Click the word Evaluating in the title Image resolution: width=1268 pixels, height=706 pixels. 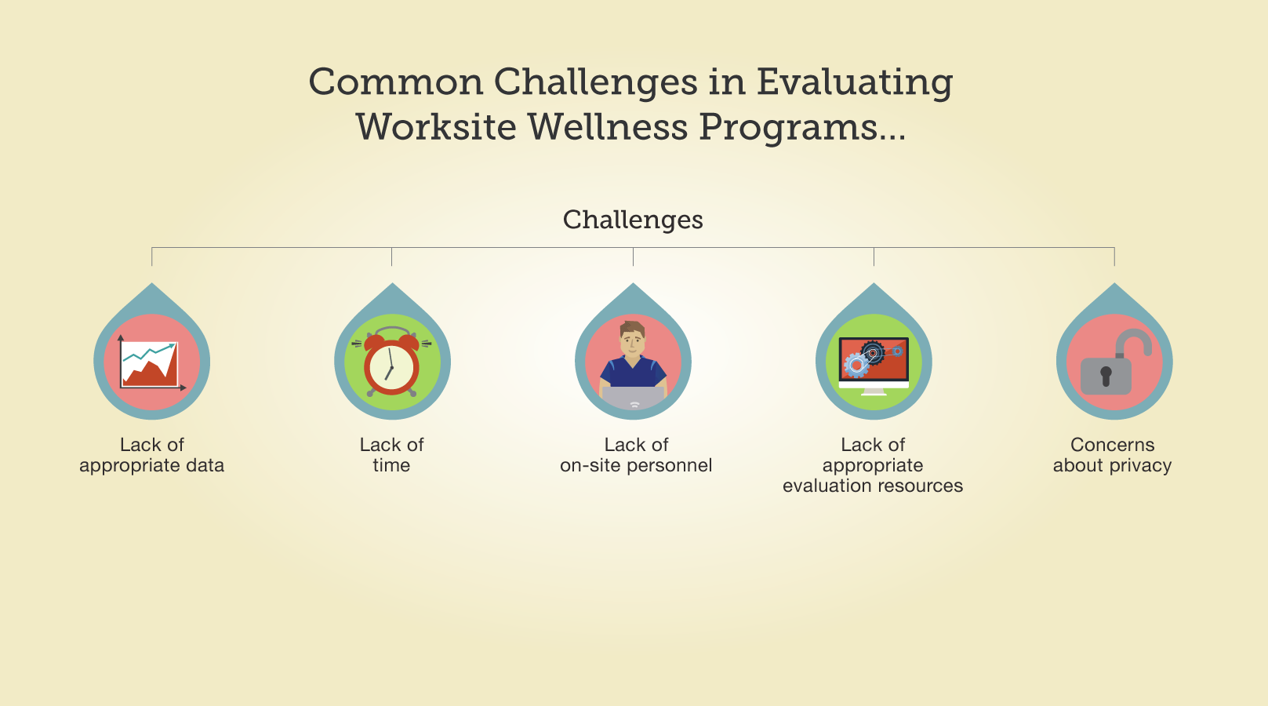click(855, 83)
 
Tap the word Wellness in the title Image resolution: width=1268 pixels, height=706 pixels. click(608, 127)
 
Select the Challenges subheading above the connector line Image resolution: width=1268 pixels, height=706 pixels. click(633, 220)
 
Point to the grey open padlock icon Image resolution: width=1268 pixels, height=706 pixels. click(1114, 363)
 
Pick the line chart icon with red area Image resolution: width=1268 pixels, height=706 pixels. click(151, 363)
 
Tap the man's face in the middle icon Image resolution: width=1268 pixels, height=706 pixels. click(632, 339)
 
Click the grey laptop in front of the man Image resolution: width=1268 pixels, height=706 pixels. click(633, 398)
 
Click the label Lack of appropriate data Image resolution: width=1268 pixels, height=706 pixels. click(151, 455)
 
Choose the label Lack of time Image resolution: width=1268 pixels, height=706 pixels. click(392, 455)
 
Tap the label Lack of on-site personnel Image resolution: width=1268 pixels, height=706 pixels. click(636, 455)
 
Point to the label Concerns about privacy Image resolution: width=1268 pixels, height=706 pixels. click(1112, 455)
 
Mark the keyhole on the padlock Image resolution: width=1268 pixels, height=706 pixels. click(1106, 376)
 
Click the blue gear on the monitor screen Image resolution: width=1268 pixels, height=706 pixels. click(856, 366)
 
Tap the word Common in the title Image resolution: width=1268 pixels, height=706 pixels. click(396, 83)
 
